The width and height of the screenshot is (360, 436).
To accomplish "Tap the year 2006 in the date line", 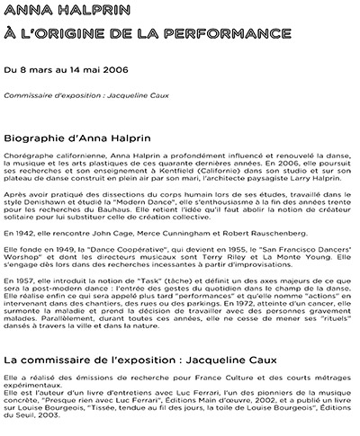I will (115, 68).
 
